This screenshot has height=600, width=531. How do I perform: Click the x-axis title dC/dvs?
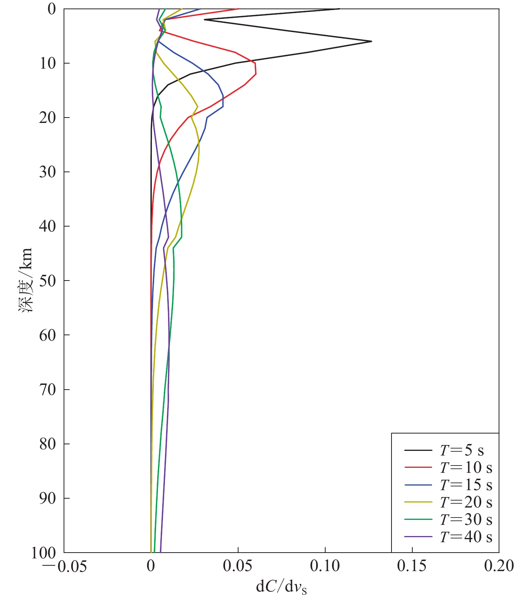281,587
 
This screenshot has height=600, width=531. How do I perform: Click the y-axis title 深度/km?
25,280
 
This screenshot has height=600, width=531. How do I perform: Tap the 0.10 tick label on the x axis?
325,566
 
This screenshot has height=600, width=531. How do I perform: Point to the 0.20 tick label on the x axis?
499,566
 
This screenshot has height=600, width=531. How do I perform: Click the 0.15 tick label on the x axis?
412,566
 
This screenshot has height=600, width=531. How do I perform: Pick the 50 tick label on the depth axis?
48,281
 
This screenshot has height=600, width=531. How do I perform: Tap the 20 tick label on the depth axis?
48,118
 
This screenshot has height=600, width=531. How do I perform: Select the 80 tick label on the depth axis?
48,444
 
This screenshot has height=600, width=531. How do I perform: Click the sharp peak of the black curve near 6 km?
371,41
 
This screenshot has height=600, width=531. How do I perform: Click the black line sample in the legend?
418,450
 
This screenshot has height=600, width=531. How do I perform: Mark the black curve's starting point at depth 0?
339,9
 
